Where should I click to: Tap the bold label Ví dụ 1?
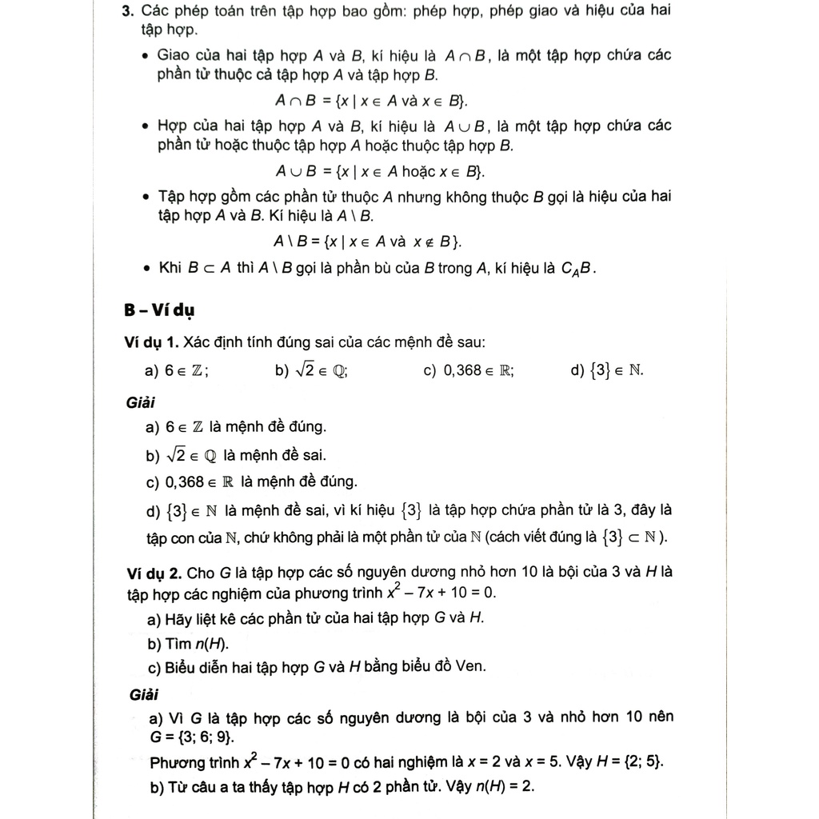click(152, 342)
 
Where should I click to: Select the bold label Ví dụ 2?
click(154, 573)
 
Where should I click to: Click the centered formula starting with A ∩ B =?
click(372, 101)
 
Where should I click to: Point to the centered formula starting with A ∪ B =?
click(380, 171)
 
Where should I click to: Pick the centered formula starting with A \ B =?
click(368, 242)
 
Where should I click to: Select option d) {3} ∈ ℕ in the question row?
click(607, 371)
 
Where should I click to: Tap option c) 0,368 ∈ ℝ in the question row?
click(469, 371)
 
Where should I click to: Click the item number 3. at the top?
click(127, 11)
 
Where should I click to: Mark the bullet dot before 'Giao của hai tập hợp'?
click(145, 56)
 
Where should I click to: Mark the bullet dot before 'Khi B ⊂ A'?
click(145, 269)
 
